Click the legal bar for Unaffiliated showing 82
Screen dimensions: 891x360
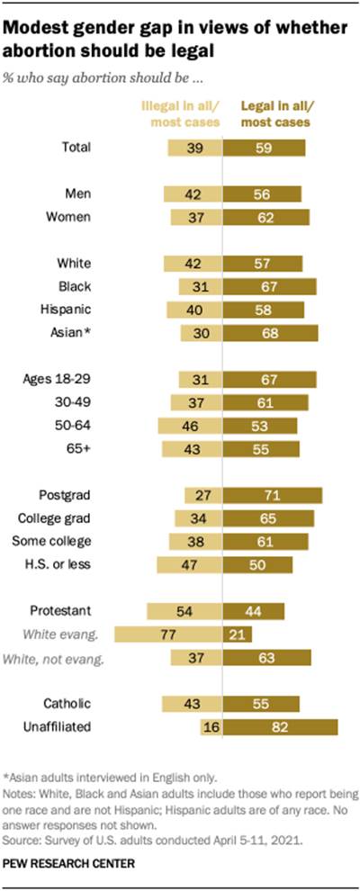tap(281, 727)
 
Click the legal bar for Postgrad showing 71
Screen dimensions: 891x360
tap(273, 494)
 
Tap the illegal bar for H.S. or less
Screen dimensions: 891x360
tap(189, 564)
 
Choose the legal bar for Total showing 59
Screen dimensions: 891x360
tap(265, 148)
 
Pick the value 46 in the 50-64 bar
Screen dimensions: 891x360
tap(205, 425)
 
